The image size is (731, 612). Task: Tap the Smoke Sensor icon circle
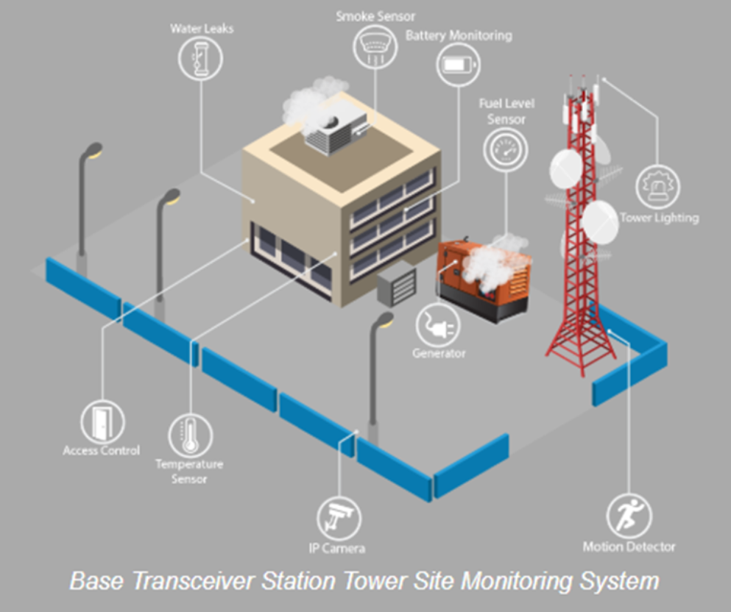pyautogui.click(x=375, y=44)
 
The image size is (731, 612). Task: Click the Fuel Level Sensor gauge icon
pyautogui.click(x=505, y=149)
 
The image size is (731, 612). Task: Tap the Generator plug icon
pyautogui.click(x=438, y=324)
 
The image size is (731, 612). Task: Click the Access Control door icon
pyautogui.click(x=103, y=422)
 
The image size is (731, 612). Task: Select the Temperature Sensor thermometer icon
pyautogui.click(x=191, y=435)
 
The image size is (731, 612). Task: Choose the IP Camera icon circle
pyautogui.click(x=339, y=518)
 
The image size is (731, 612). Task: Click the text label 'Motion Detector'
pyautogui.click(x=629, y=547)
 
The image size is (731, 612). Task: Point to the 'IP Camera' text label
pyautogui.click(x=337, y=548)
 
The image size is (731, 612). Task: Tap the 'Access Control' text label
pyautogui.click(x=102, y=450)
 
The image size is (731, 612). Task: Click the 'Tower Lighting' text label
pyautogui.click(x=659, y=218)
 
